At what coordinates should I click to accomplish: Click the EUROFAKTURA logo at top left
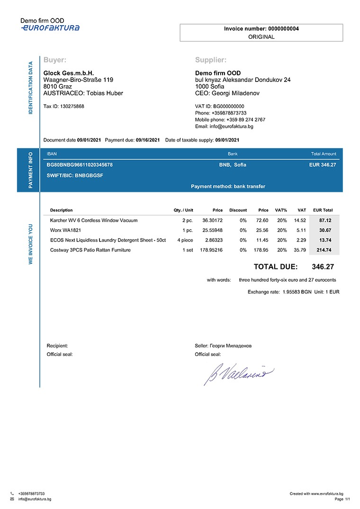[x=50, y=28]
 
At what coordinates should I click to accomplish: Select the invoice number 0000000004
[x=283, y=29]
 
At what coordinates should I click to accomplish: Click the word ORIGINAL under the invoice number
[x=261, y=37]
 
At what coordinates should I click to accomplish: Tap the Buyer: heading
[x=54, y=60]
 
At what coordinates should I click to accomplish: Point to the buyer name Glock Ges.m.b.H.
[x=69, y=73]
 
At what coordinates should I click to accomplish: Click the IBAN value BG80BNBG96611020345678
[x=80, y=165]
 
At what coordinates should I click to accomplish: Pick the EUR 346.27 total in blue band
[x=322, y=165]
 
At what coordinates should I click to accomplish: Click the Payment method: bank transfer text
[x=228, y=187]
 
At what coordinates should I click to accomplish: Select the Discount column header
[x=238, y=210]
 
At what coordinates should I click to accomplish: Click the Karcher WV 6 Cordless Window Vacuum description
[x=94, y=221]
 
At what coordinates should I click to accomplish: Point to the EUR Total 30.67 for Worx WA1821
[x=325, y=230]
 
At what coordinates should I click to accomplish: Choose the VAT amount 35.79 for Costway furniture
[x=300, y=250]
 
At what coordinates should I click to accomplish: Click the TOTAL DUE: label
[x=276, y=267]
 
